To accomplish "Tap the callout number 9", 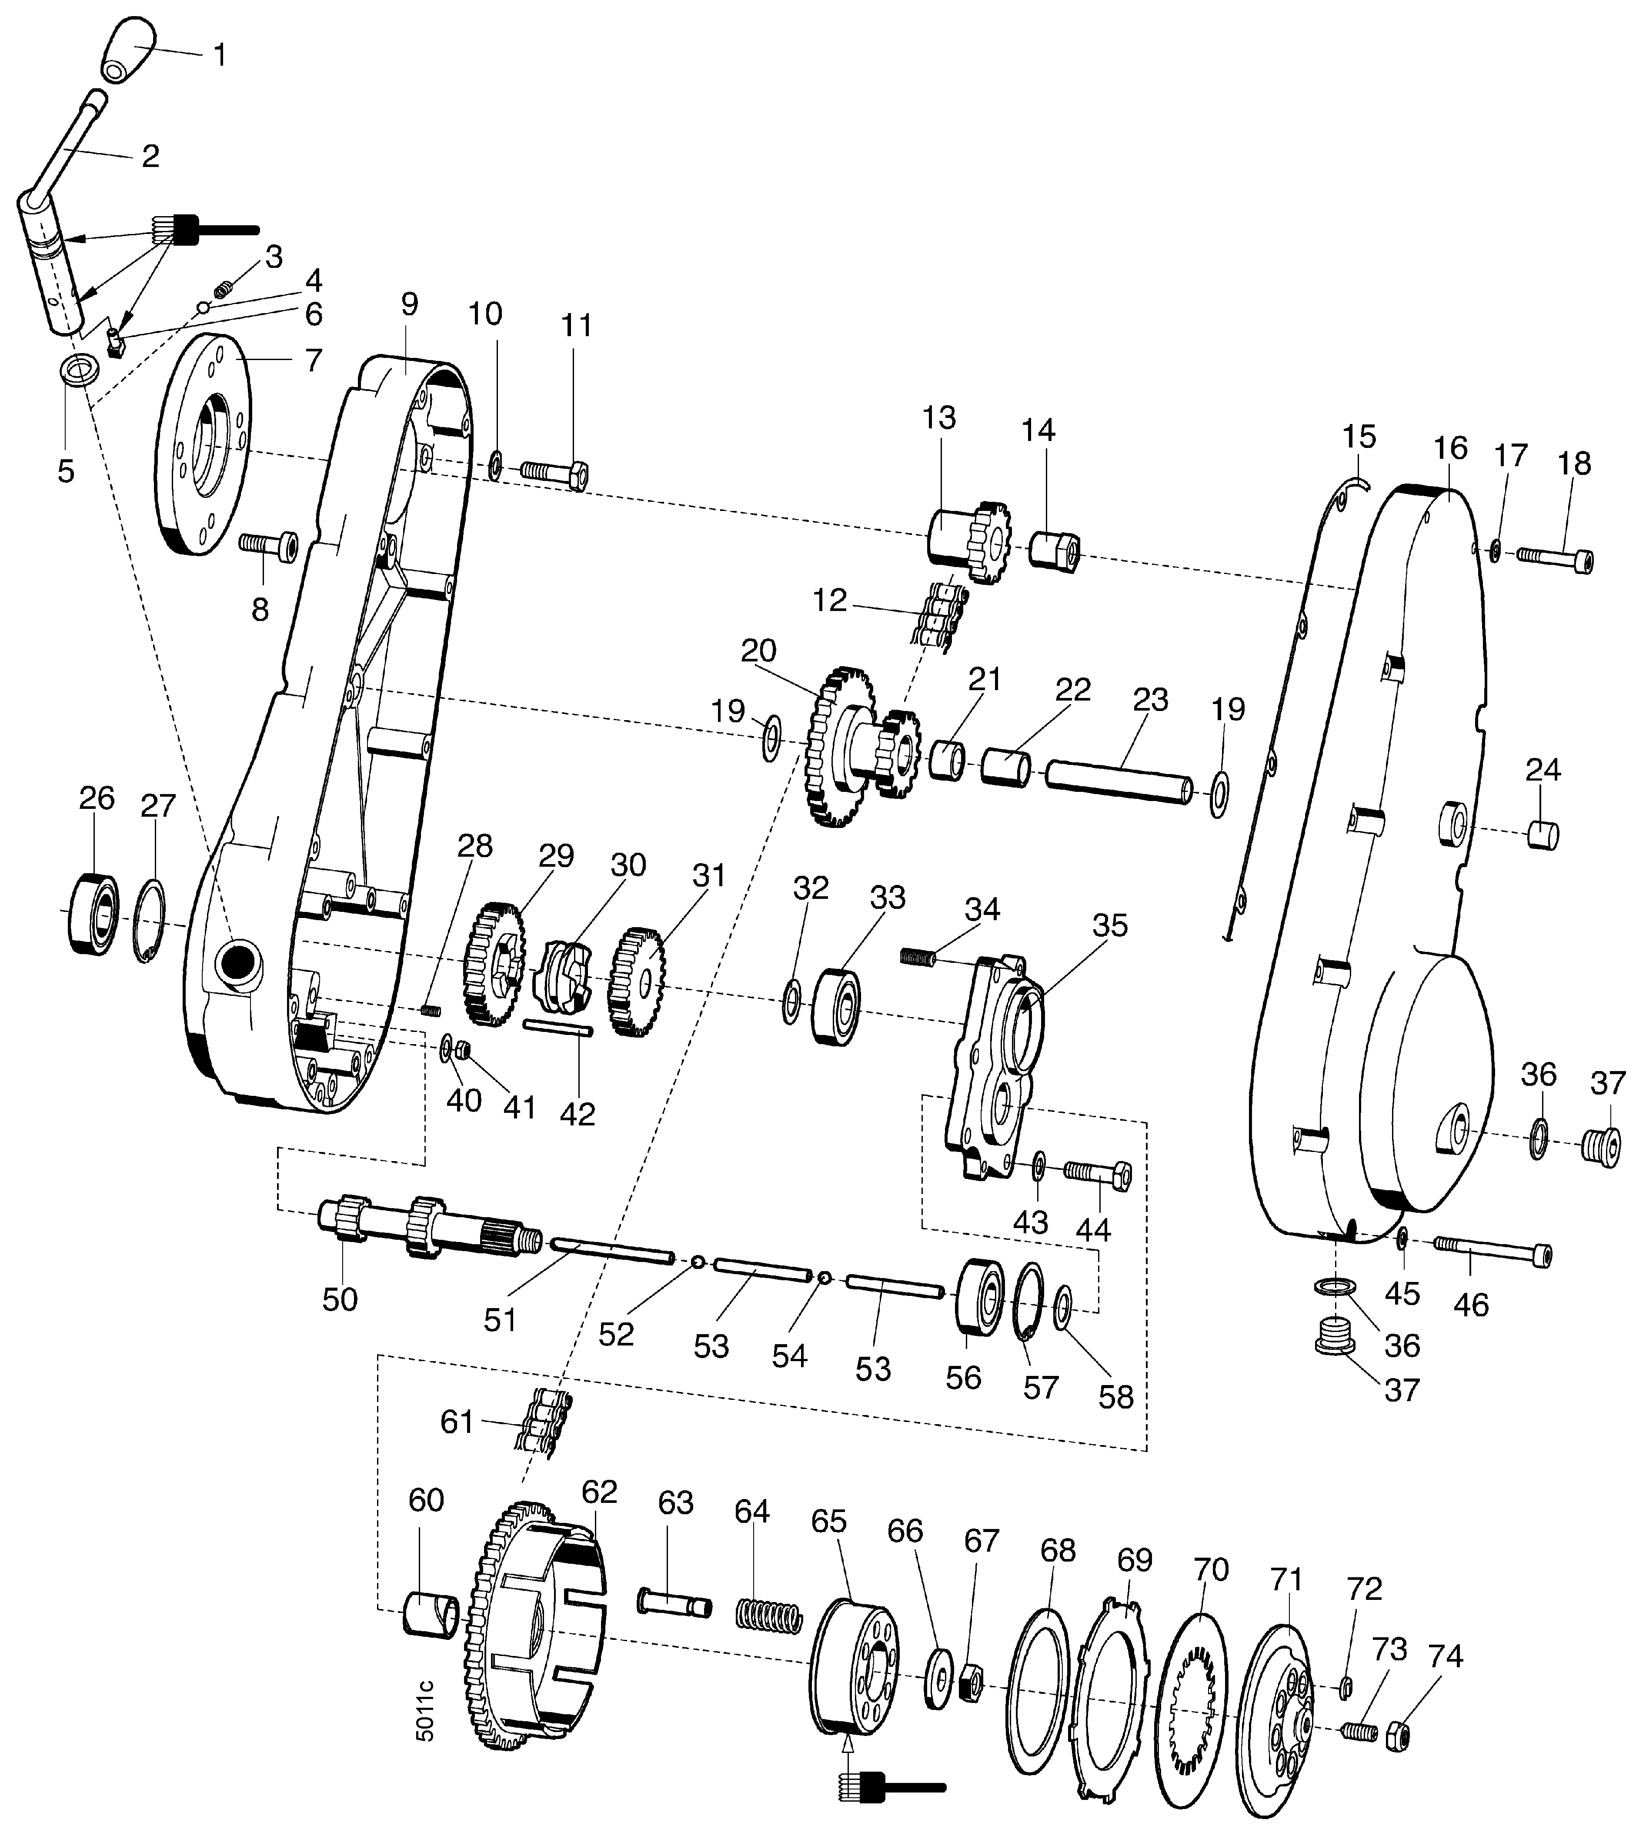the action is click(410, 304).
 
